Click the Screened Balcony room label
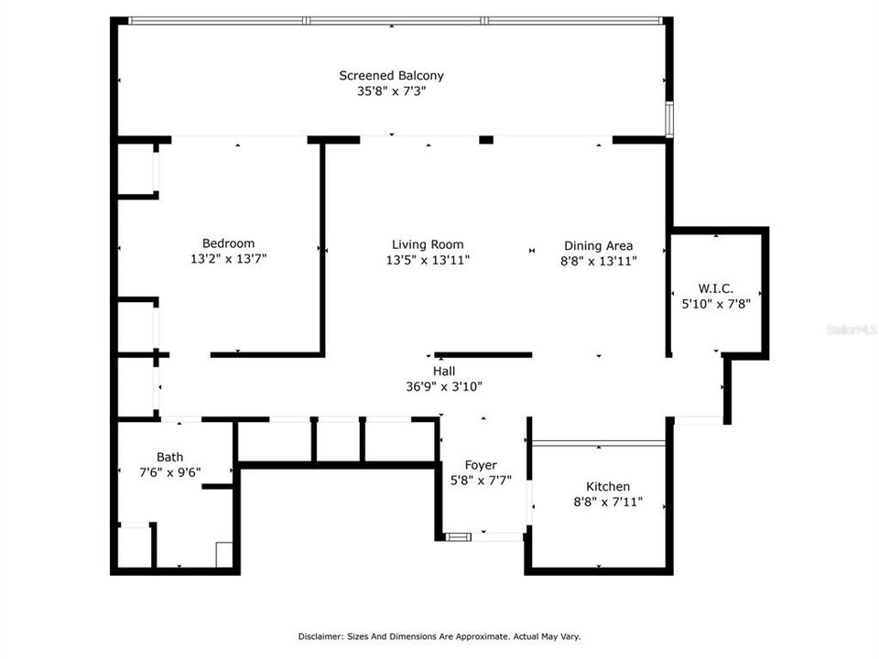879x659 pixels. click(x=391, y=76)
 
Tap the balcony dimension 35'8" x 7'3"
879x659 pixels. click(x=391, y=92)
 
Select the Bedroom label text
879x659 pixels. click(x=228, y=243)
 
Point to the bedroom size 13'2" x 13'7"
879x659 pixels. click(x=228, y=259)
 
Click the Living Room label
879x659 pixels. click(x=428, y=244)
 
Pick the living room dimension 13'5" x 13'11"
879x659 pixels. click(x=428, y=260)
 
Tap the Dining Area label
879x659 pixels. click(x=598, y=245)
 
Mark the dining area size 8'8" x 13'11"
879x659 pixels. click(x=598, y=261)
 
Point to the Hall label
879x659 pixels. click(x=444, y=371)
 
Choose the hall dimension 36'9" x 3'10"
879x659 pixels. click(x=444, y=386)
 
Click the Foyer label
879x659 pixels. click(x=481, y=465)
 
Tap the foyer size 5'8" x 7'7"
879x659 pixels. click(x=481, y=480)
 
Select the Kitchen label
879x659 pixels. click(x=608, y=486)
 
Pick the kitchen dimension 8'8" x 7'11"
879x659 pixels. click(x=608, y=502)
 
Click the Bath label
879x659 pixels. click(x=169, y=457)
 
